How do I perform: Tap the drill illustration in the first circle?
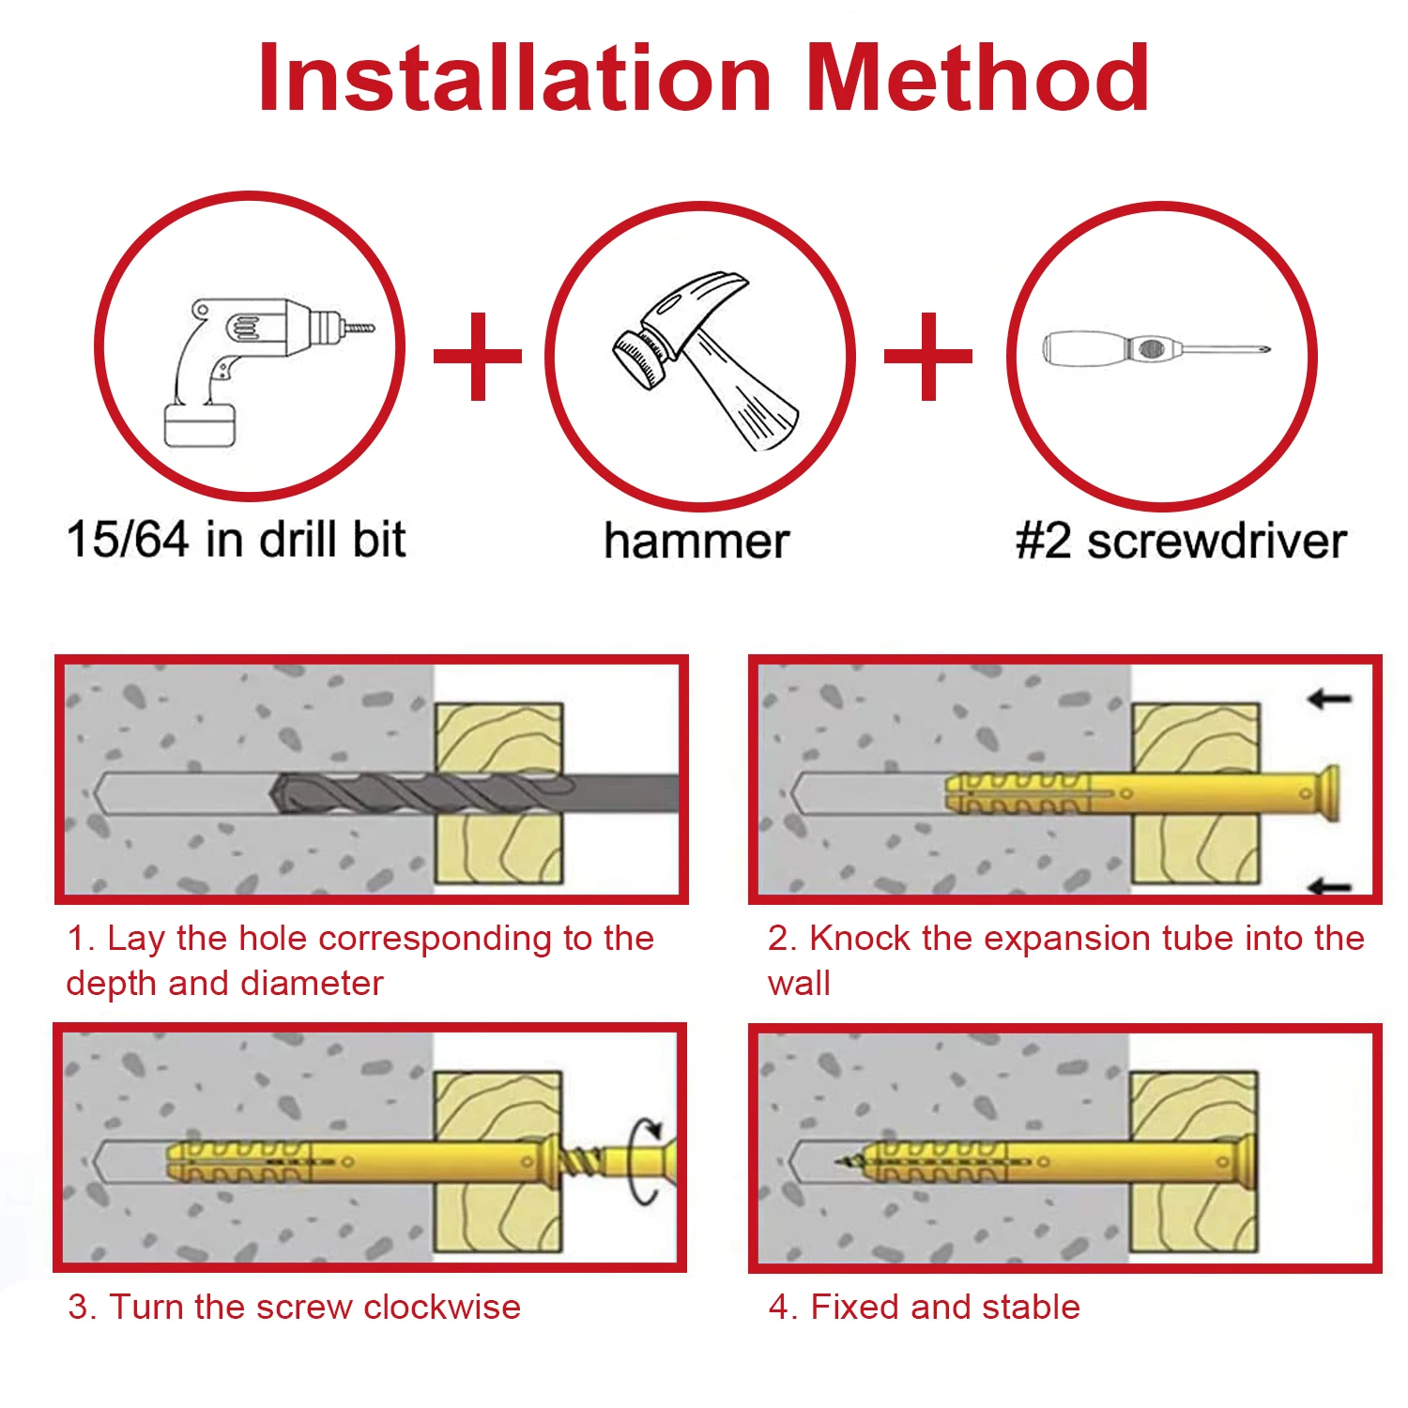[x=263, y=370]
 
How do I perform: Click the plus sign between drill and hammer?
[x=478, y=356]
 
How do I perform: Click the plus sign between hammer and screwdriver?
[x=928, y=356]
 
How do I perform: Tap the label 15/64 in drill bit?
[x=237, y=540]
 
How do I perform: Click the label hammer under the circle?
[x=696, y=542]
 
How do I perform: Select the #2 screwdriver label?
[x=1181, y=542]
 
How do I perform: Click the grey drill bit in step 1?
[x=474, y=794]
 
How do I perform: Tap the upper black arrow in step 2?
[x=1329, y=698]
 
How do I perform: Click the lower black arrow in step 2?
[x=1329, y=885]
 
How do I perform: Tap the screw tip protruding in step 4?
[x=849, y=1162]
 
